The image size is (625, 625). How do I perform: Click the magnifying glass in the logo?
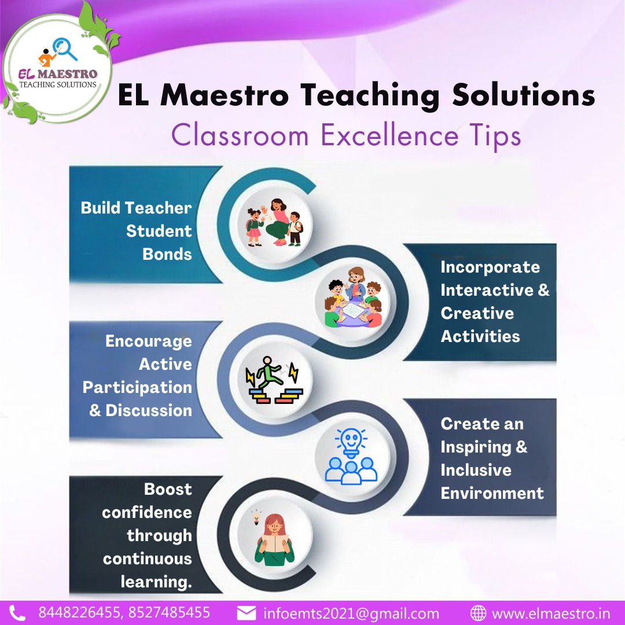pos(65,48)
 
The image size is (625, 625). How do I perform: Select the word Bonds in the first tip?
pos(167,254)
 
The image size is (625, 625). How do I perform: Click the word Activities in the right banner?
pos(480,336)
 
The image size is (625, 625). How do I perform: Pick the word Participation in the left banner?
pos(137,387)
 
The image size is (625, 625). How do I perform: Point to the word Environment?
pos(492,493)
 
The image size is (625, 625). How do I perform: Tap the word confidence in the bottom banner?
pos(147,512)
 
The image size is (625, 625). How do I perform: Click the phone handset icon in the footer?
pos(17,613)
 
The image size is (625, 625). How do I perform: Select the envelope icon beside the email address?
pos(247,613)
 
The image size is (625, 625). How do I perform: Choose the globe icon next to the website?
pos(478,613)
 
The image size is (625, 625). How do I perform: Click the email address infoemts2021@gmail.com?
pos(351,613)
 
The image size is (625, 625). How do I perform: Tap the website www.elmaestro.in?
pos(550,613)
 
